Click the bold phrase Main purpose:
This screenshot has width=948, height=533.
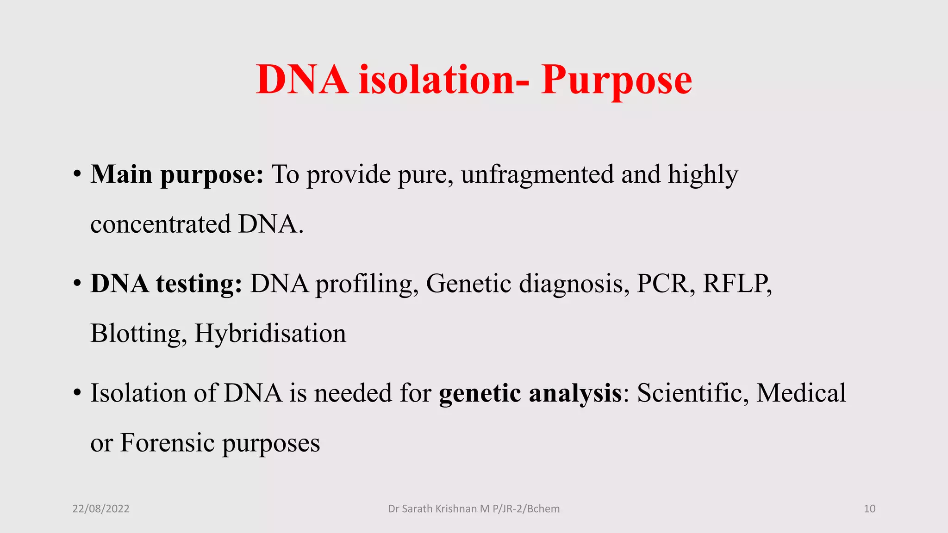(177, 175)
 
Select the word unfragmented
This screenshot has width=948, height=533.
(537, 174)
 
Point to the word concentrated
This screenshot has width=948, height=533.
(161, 224)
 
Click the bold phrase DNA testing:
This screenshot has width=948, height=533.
(166, 284)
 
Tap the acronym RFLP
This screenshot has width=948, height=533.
(736, 284)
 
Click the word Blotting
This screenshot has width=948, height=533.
(137, 334)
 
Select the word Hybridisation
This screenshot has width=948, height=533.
(270, 334)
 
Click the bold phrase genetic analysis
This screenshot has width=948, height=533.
(530, 393)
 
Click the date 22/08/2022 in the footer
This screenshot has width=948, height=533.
(101, 509)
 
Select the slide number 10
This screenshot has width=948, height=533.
(869, 509)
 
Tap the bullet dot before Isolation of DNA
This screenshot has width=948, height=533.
(77, 394)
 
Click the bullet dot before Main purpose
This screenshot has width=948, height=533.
(77, 175)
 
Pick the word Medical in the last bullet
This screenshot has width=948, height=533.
(801, 393)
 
